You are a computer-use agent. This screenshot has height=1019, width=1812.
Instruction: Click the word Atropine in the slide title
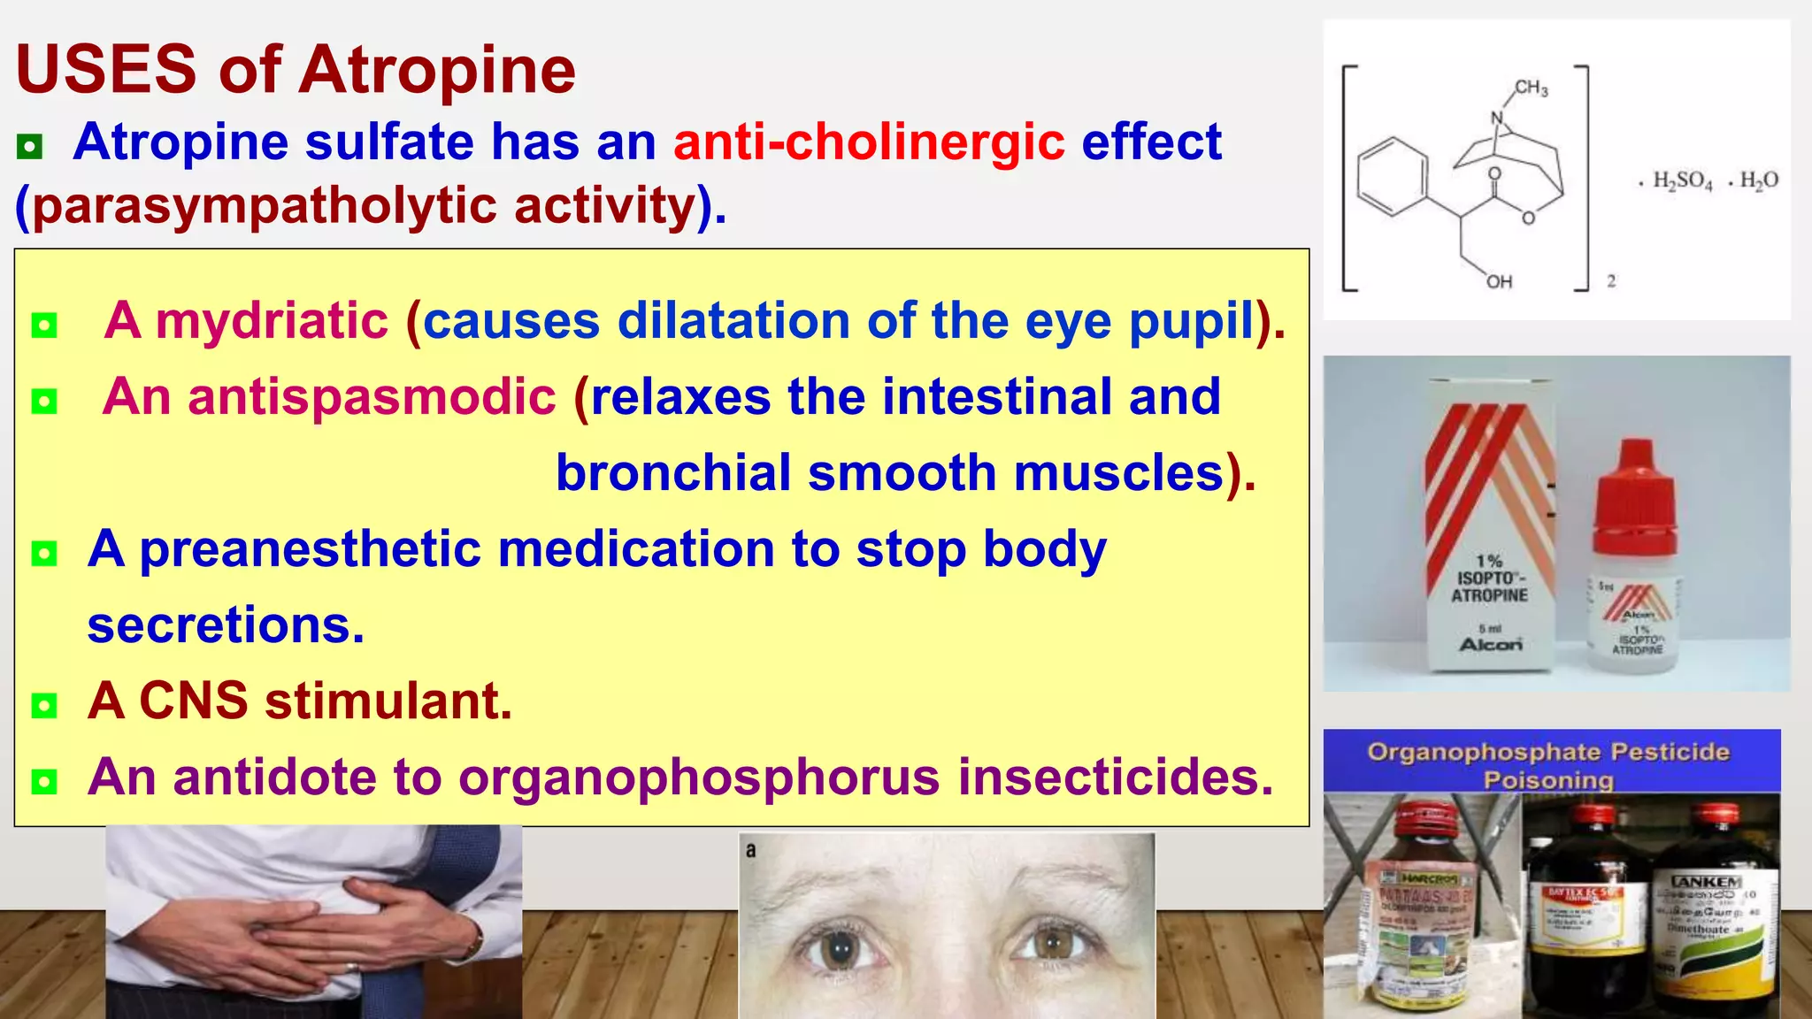[x=437, y=70]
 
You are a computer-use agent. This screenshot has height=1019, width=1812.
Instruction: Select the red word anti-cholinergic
[x=869, y=142]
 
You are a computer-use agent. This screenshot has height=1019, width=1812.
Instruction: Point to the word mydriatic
[x=272, y=320]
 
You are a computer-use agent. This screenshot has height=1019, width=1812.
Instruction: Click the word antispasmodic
[x=372, y=396]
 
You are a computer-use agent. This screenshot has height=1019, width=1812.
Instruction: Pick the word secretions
[x=225, y=625]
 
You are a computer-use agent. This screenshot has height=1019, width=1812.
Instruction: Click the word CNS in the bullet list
[x=194, y=701]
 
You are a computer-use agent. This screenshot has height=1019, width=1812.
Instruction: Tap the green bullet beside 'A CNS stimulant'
[x=43, y=705]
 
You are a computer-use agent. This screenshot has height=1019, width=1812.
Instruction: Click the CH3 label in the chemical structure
[x=1531, y=88]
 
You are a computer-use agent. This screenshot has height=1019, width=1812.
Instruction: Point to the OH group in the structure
[x=1499, y=282]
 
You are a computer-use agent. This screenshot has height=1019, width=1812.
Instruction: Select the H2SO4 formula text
[x=1682, y=181]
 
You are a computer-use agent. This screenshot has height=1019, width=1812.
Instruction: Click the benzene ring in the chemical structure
[x=1393, y=177]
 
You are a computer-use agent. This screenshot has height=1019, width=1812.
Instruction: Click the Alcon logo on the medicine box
[x=1491, y=645]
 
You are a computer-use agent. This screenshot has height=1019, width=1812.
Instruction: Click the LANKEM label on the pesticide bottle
[x=1706, y=882]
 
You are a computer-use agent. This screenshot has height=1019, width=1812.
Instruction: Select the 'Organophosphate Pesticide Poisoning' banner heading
[x=1548, y=765]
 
